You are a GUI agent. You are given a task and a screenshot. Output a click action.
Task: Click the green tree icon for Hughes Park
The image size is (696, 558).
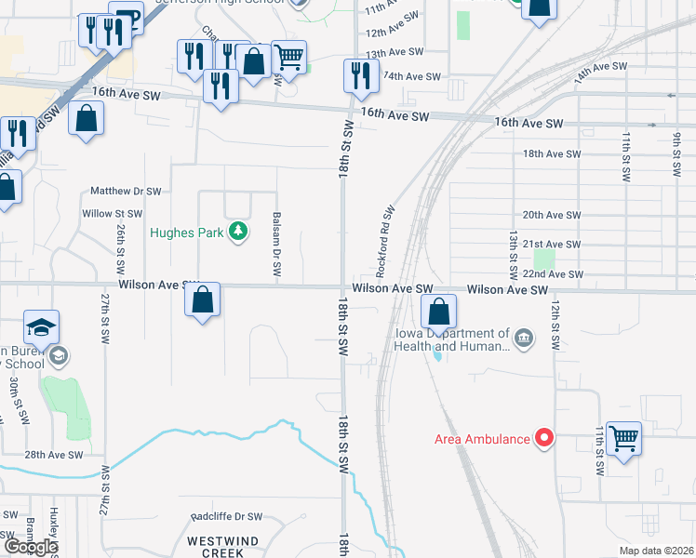point(239,232)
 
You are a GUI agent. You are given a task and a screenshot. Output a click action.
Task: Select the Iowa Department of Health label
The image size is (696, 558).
point(450,340)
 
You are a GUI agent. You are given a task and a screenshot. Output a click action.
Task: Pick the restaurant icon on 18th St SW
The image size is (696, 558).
point(360,75)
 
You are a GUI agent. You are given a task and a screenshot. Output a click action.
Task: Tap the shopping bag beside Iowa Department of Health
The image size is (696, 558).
point(439,311)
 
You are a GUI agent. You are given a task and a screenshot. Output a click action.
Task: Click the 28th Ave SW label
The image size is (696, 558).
point(54,455)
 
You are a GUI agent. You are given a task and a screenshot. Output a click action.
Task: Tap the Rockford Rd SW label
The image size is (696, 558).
point(384,242)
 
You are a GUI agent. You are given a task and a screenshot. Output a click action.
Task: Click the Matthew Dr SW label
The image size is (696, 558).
point(126,191)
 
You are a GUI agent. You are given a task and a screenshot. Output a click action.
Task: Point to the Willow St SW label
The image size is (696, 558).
point(112,214)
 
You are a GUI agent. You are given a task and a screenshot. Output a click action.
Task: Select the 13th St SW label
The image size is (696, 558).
point(511,256)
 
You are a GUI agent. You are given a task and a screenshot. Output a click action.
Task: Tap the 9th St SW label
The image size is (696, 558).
point(676,153)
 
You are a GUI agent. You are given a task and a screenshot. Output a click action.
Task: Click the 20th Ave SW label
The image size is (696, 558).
point(551,215)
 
